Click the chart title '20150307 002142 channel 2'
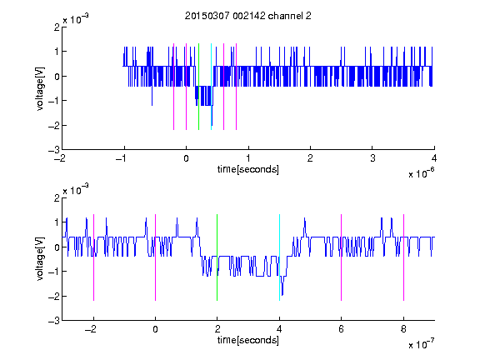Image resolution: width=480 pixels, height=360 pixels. coord(248,16)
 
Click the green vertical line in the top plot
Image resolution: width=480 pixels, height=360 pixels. coord(198,87)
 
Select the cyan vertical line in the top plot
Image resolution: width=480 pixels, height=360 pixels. coord(211,87)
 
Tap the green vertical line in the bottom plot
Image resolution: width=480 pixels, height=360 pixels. coord(217,257)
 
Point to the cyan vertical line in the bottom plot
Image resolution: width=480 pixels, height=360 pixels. coord(279,257)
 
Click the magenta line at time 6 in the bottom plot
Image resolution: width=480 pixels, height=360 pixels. coord(342,257)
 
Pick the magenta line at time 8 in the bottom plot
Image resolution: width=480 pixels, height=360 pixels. coord(404,257)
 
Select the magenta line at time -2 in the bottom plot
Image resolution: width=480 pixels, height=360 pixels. coord(93,257)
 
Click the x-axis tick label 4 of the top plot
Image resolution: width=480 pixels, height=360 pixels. coord(434,158)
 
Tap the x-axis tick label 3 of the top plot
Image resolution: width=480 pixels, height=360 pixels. coord(372,158)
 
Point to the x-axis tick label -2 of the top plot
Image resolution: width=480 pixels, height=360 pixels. coord(60,158)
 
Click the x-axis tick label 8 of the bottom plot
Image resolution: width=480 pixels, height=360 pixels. coord(403,329)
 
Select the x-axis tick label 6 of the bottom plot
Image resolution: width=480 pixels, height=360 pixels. coord(342,329)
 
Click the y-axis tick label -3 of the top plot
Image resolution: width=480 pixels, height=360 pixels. coord(54,150)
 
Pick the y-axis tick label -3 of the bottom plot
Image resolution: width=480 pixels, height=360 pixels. coord(54,321)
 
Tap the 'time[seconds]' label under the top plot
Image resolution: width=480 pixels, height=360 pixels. coord(248,169)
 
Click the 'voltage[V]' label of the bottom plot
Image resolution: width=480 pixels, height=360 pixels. coord(40,259)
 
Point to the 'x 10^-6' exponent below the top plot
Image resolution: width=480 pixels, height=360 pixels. coord(421,173)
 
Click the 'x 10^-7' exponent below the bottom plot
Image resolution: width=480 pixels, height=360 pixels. coord(421,344)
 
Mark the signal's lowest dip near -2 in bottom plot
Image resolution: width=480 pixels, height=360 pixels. coord(282,295)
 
